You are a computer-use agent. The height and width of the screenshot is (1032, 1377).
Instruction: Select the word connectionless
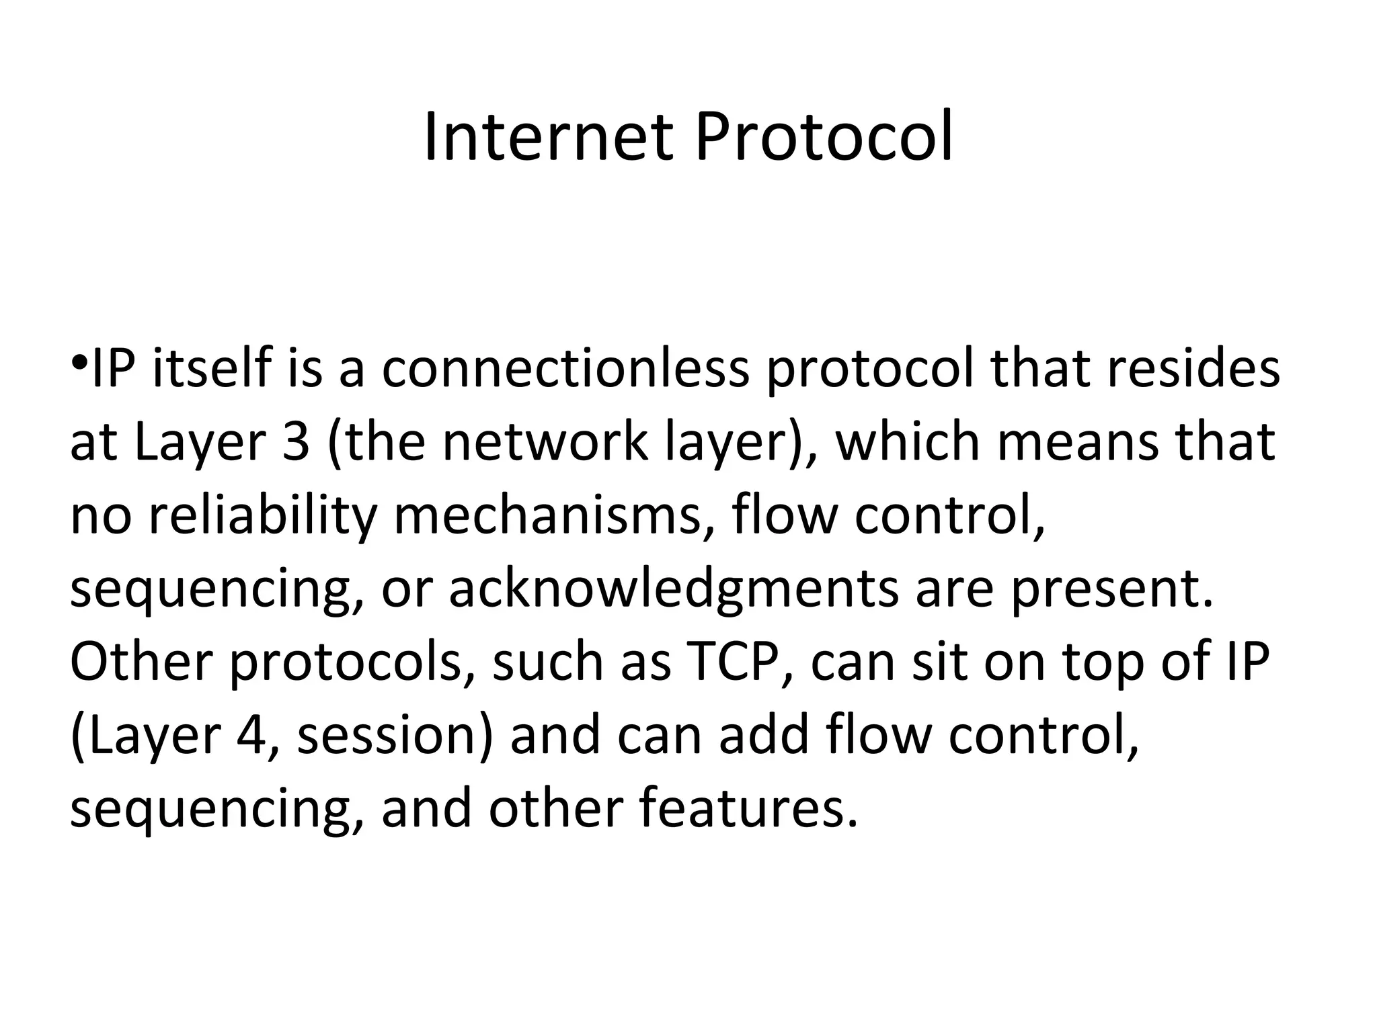point(565,369)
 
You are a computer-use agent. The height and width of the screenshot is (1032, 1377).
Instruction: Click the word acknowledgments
point(673,589)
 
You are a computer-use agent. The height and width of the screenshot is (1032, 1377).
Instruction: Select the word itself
point(212,369)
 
